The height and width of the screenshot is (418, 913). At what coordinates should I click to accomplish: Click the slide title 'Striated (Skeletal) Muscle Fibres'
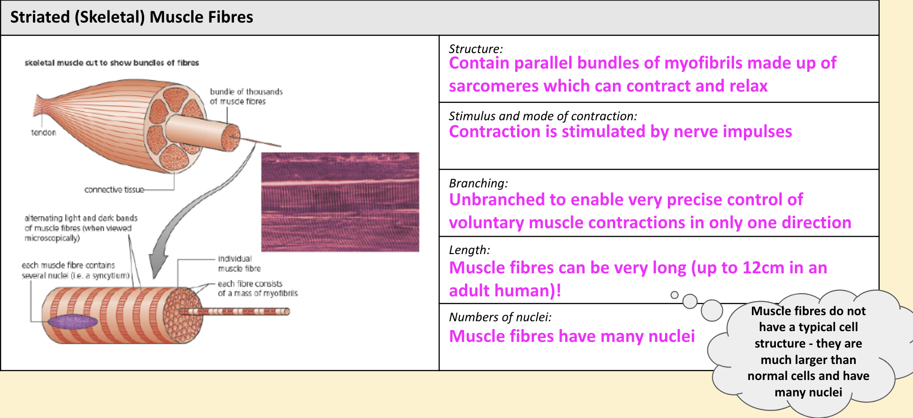pos(132,17)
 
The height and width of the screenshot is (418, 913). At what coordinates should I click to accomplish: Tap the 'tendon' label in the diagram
pos(43,132)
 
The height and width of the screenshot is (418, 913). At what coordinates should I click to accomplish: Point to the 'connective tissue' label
pos(114,190)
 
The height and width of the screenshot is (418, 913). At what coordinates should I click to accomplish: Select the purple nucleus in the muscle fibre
pos(73,321)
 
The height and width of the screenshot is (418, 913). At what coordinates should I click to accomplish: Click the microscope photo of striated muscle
pos(340,202)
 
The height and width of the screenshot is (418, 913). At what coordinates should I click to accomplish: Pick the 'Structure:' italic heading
pos(476,49)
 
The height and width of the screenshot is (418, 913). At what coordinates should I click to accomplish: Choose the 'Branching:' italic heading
pos(479,183)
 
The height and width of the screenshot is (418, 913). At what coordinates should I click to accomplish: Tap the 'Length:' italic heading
pos(470,250)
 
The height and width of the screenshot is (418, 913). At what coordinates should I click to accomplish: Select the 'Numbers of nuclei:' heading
pos(500,317)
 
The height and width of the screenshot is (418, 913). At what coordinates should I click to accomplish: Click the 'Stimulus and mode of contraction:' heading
pos(543,116)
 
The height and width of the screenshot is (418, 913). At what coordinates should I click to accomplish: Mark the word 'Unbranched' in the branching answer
pos(497,200)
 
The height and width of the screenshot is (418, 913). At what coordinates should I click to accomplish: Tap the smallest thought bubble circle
pos(674,295)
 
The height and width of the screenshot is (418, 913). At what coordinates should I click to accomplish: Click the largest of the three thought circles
pos(712,310)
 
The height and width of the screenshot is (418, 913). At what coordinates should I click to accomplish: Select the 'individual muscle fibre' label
pos(239,263)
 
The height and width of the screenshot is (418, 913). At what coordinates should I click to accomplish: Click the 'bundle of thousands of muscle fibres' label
pos(246,96)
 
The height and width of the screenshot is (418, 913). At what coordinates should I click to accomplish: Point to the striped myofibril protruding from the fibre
pos(234,311)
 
